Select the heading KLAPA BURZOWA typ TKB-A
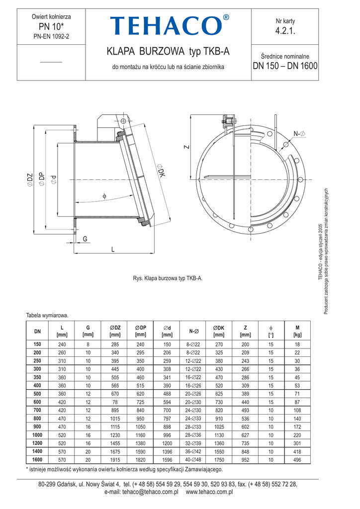(x=169, y=52)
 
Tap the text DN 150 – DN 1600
(x=285, y=66)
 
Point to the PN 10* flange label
(x=51, y=26)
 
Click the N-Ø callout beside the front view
(x=299, y=133)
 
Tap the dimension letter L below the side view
(x=113, y=249)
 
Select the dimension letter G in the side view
(x=85, y=239)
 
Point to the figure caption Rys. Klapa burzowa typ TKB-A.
(x=168, y=278)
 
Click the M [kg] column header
(x=297, y=331)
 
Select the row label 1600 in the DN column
(x=37, y=460)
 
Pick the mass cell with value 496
(x=297, y=460)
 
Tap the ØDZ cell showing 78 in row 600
(x=114, y=402)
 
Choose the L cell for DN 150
(x=62, y=344)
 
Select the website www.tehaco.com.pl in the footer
(x=209, y=492)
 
